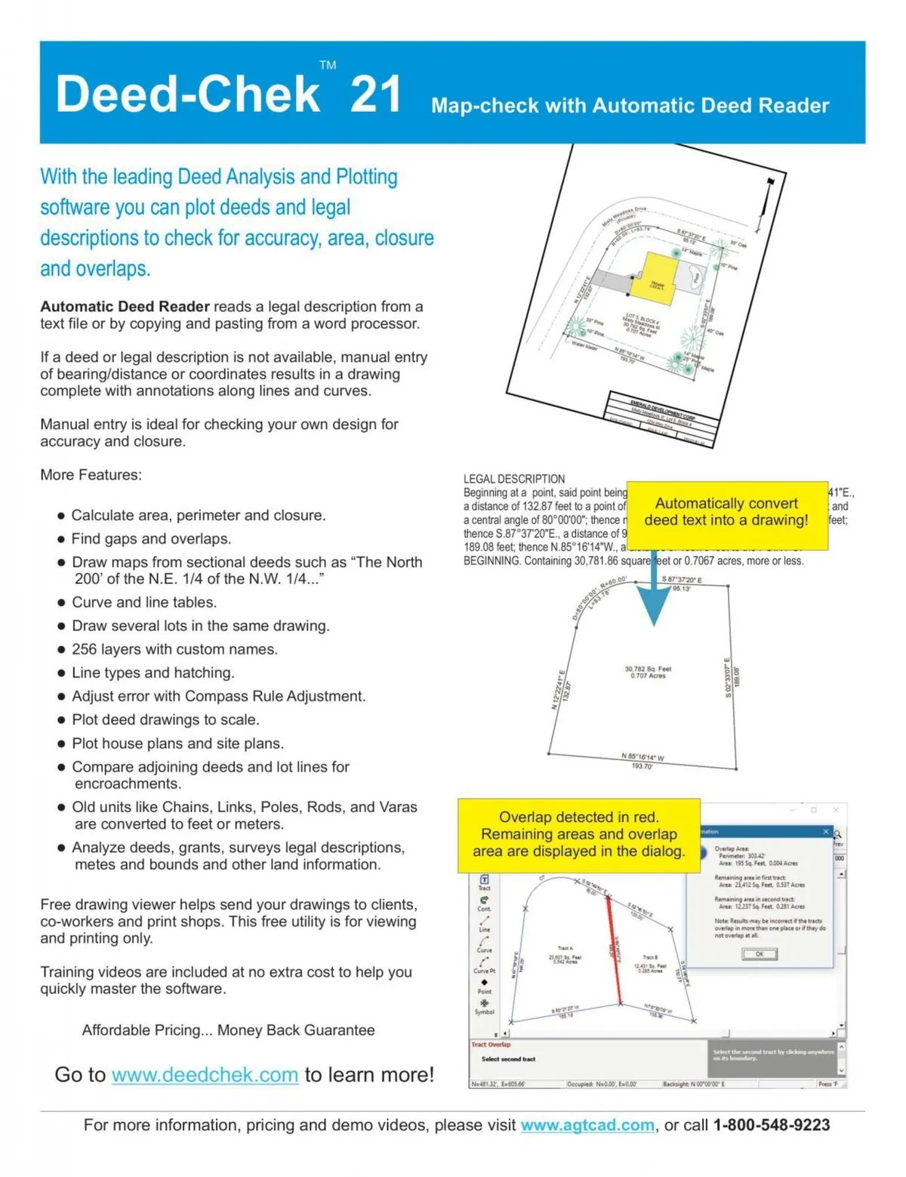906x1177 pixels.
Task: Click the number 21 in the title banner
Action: pos(375,94)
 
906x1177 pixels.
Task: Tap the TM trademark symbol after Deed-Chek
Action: pos(328,65)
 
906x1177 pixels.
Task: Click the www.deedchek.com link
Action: pos(205,1074)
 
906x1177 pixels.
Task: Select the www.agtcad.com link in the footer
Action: pos(587,1125)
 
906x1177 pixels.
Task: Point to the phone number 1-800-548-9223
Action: pos(771,1125)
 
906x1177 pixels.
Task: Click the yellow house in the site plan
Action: pos(658,276)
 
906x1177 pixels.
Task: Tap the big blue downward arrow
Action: pos(653,597)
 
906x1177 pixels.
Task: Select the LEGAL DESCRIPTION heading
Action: pos(514,479)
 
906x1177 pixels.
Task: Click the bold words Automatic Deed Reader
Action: pos(125,307)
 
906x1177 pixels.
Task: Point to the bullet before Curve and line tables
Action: pos(61,603)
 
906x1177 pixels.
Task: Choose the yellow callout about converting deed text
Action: pos(726,512)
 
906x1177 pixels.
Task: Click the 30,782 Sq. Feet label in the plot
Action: pos(648,669)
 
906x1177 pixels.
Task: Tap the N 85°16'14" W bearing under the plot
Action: pos(643,756)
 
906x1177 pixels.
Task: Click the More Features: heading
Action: pos(91,475)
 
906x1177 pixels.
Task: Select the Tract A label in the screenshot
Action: pos(565,948)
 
